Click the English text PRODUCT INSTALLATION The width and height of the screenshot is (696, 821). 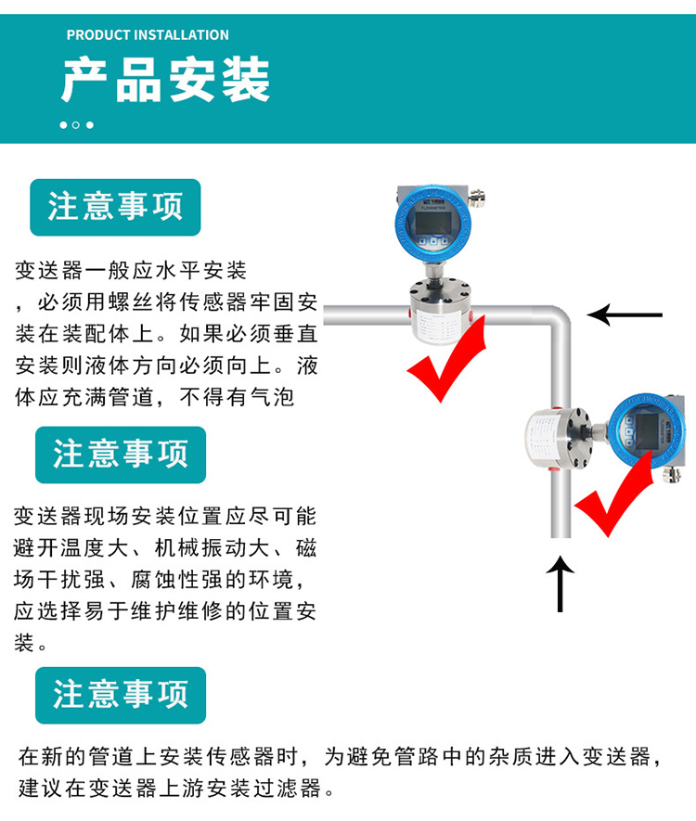(x=148, y=35)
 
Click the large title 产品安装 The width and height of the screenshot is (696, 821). (x=166, y=80)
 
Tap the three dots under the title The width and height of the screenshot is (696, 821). (x=76, y=125)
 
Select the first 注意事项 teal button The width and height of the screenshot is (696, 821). (x=115, y=207)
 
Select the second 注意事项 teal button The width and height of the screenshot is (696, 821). (x=120, y=455)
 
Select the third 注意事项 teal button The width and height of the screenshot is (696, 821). (x=120, y=695)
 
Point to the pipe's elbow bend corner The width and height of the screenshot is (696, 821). (x=559, y=321)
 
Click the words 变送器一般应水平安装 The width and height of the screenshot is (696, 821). (x=131, y=271)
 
